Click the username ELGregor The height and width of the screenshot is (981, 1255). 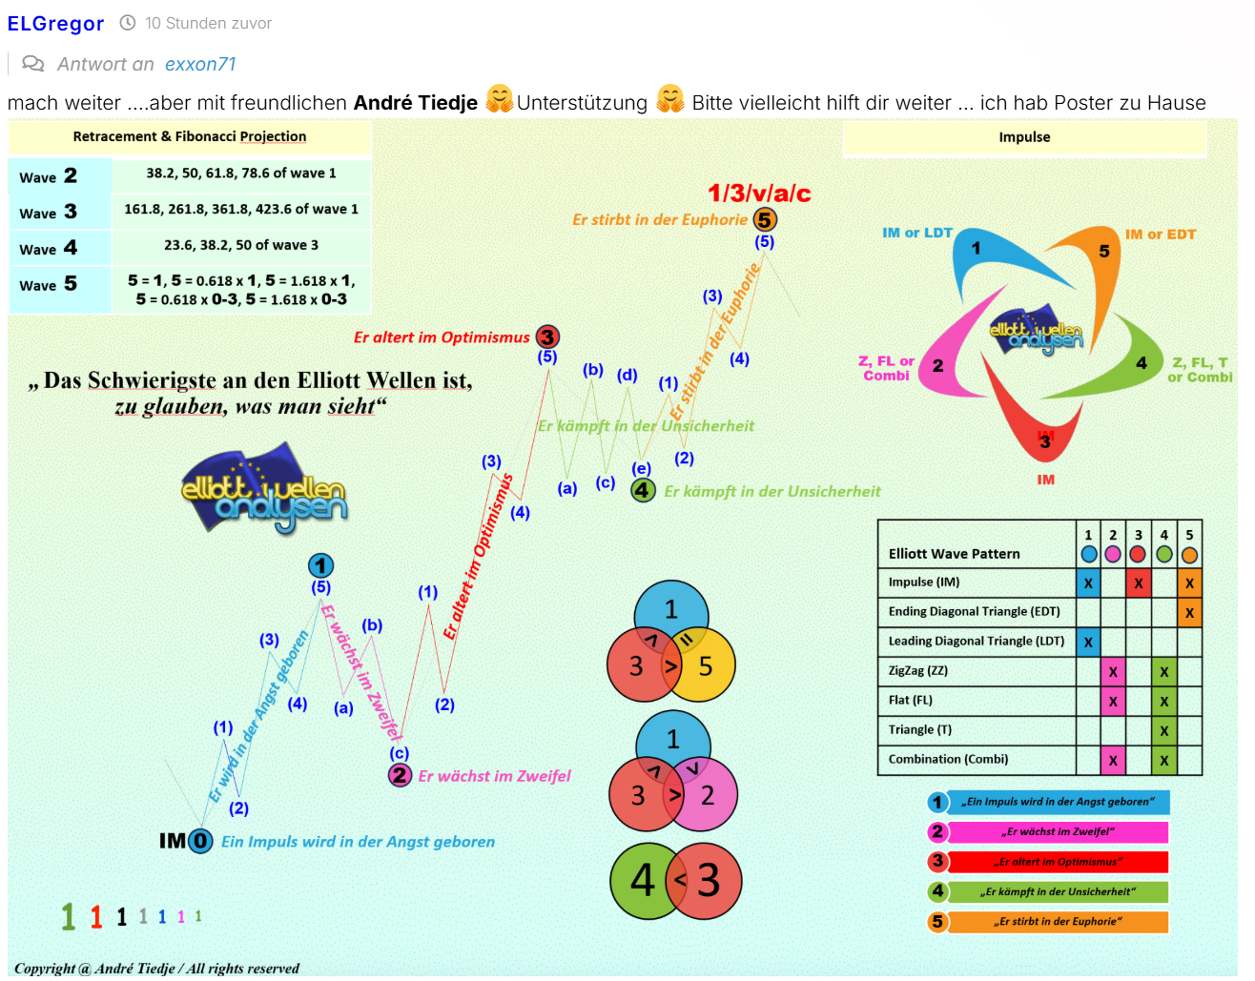tap(55, 24)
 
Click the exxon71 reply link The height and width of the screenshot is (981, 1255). tap(200, 64)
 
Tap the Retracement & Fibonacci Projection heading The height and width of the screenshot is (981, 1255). tap(190, 136)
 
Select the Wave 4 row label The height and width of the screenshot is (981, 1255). tap(49, 248)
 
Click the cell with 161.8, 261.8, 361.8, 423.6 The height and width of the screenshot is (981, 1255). tap(241, 209)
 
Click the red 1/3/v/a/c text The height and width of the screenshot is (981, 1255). tap(759, 194)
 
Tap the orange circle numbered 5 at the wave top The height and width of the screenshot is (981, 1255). tap(764, 220)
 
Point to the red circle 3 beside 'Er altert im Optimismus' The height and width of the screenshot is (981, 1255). tap(547, 337)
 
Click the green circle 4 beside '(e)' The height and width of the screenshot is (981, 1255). tap(644, 490)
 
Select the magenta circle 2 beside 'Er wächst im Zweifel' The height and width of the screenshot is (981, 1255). tap(400, 775)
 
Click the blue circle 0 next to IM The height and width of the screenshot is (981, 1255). tap(200, 841)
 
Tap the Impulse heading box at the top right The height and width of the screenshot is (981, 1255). tap(1024, 137)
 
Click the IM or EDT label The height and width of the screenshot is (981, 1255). tap(1160, 235)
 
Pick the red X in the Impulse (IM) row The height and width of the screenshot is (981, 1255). tap(1138, 582)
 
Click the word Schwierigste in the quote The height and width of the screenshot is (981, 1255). tap(150, 380)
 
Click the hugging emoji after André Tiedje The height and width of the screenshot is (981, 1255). tap(500, 99)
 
